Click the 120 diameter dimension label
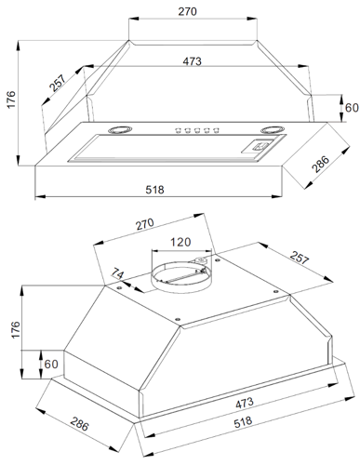pyautogui.click(x=180, y=242)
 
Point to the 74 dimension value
pyautogui.click(x=117, y=274)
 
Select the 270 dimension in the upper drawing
pyautogui.click(x=187, y=11)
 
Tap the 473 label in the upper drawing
pyautogui.click(x=192, y=61)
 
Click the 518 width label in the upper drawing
pyautogui.click(x=154, y=190)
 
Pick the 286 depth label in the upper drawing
pyautogui.click(x=320, y=164)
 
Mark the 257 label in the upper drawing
pyautogui.click(x=58, y=83)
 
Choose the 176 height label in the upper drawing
pyautogui.click(x=11, y=100)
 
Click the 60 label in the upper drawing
pyautogui.click(x=352, y=108)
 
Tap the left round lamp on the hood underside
pyautogui.click(x=120, y=129)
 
